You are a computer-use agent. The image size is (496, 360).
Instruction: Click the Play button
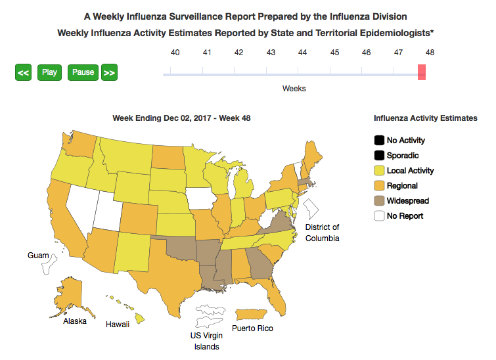pyautogui.click(x=49, y=72)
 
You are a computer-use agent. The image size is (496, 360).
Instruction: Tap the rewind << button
pyautogui.click(x=23, y=72)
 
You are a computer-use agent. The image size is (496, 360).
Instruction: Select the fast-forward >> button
pyautogui.click(x=109, y=72)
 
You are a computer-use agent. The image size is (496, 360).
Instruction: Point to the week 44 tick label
pyautogui.click(x=302, y=53)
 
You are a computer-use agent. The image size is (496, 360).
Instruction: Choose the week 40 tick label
pyautogui.click(x=175, y=53)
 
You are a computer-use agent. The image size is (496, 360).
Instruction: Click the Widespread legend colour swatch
pyautogui.click(x=379, y=200)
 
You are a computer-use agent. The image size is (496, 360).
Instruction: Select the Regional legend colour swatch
pyautogui.click(x=379, y=185)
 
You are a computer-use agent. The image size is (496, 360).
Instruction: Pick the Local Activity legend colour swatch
pyautogui.click(x=379, y=170)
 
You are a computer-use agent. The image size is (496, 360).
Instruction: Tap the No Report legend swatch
pyautogui.click(x=379, y=215)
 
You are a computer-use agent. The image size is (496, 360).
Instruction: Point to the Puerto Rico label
pyautogui.click(x=252, y=328)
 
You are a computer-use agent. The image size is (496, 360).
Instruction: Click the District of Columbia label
pyautogui.click(x=322, y=233)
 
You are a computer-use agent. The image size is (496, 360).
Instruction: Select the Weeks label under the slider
pyautogui.click(x=294, y=88)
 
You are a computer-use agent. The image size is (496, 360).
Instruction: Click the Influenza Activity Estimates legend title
pyautogui.click(x=425, y=118)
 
